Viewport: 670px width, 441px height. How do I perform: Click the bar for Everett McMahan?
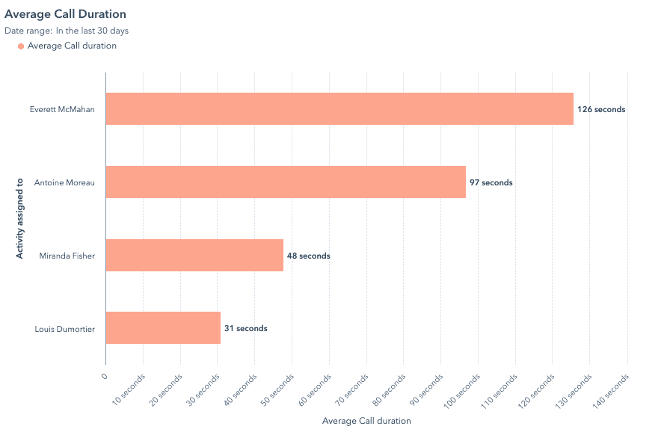point(339,109)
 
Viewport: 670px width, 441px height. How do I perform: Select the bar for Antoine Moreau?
point(285,182)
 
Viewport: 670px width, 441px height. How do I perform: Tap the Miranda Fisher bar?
point(194,256)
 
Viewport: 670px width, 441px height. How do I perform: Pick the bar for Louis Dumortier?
point(163,328)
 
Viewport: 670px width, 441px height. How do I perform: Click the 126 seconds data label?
point(601,109)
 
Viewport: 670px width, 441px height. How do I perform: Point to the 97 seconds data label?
point(491,182)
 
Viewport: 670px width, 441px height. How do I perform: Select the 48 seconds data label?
point(309,256)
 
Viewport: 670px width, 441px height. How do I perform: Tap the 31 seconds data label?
point(246,328)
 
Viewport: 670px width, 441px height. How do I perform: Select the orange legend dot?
point(20,46)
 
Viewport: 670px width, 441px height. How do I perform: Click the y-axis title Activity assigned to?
point(20,218)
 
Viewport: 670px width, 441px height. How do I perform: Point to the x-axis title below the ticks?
point(366,421)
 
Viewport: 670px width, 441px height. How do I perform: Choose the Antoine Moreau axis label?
point(64,182)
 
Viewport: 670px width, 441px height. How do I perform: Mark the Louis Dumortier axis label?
point(64,328)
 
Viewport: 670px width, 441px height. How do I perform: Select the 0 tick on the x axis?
point(105,376)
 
